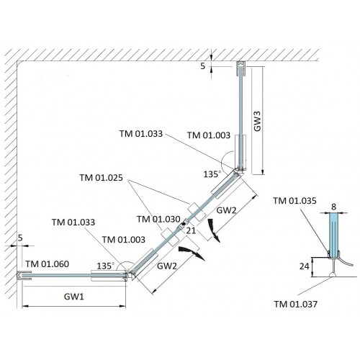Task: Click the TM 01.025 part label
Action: pyautogui.click(x=101, y=178)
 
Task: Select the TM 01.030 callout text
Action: pyautogui.click(x=158, y=219)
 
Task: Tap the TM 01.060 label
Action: pyautogui.click(x=48, y=264)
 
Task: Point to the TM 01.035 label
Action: pyautogui.click(x=294, y=201)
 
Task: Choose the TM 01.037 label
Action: pyautogui.click(x=296, y=305)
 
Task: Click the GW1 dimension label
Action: pyautogui.click(x=74, y=297)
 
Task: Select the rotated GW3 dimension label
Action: pyautogui.click(x=257, y=121)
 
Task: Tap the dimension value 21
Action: pyautogui.click(x=191, y=230)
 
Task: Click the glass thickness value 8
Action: pyautogui.click(x=333, y=207)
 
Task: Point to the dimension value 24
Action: pyautogui.click(x=304, y=266)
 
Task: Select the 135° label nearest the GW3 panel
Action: pyautogui.click(x=212, y=174)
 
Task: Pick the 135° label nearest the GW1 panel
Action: pyautogui.click(x=106, y=266)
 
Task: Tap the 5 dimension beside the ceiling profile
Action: pyautogui.click(x=203, y=66)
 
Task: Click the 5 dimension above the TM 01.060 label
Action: pyautogui.click(x=20, y=238)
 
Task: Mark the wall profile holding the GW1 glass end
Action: pyautogui.click(x=24, y=276)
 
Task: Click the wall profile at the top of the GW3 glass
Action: pyautogui.click(x=240, y=68)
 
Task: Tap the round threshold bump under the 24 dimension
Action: pyautogui.click(x=333, y=274)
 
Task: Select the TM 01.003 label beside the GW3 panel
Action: pyautogui.click(x=209, y=135)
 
